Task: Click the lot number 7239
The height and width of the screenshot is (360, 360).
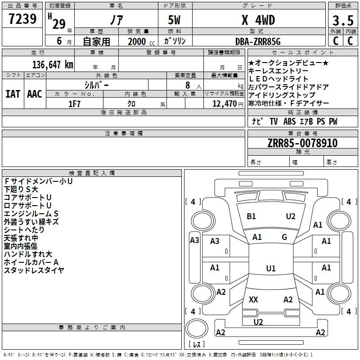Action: click(22, 19)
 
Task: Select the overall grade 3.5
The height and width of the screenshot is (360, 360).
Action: click(343, 21)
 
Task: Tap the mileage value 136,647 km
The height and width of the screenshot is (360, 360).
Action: click(53, 65)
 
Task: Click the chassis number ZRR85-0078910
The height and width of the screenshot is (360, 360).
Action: click(302, 143)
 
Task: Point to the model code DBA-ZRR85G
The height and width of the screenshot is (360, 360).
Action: click(258, 41)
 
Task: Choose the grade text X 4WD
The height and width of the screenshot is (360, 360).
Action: click(258, 20)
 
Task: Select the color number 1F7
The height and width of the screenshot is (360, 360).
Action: click(74, 104)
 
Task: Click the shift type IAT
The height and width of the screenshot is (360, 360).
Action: click(13, 94)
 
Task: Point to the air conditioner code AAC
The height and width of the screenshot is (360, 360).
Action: click(35, 94)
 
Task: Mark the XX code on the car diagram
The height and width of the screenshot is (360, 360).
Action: click(253, 299)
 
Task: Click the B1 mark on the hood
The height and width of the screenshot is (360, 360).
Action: click(251, 216)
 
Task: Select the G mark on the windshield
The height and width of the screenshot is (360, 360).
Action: click(284, 237)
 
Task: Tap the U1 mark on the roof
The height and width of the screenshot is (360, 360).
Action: click(271, 268)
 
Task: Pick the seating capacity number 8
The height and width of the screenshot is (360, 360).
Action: click(188, 85)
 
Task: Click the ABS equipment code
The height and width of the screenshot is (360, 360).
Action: click(289, 121)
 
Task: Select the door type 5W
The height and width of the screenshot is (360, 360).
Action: click(174, 20)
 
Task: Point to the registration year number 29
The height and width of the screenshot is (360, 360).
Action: click(59, 24)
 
